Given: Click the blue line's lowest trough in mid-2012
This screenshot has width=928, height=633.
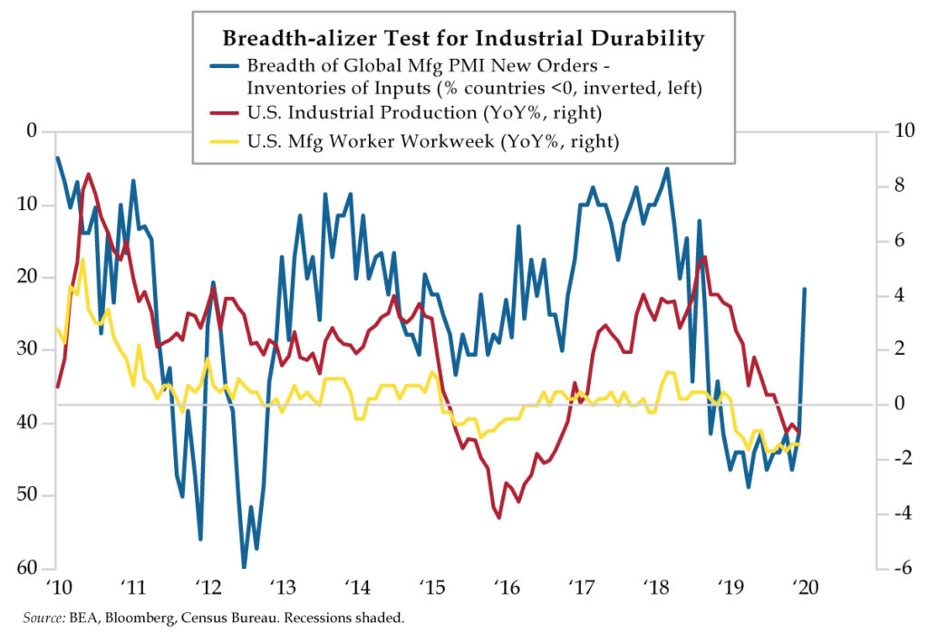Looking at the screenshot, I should [244, 567].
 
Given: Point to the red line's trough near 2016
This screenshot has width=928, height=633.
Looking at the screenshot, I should [499, 517].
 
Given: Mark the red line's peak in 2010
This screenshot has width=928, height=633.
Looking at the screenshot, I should [88, 174].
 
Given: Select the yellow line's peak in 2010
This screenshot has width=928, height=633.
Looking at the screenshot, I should [82, 260].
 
